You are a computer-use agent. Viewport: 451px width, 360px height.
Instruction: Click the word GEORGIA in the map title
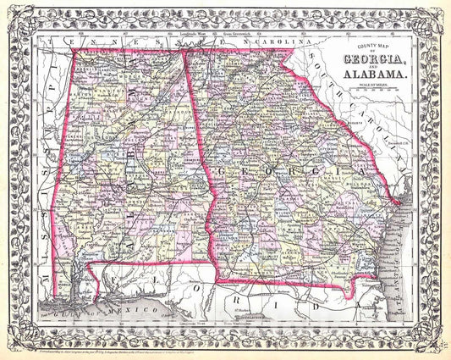373,58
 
